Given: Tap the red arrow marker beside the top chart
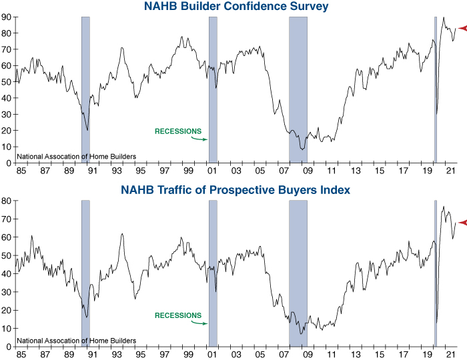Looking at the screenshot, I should [x=460, y=28].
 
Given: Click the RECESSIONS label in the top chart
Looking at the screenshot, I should [x=177, y=131].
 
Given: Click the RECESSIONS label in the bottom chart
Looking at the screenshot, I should [x=177, y=315].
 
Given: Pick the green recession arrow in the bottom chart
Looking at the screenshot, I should [x=199, y=323].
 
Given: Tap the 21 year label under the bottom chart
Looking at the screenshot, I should [x=450, y=355].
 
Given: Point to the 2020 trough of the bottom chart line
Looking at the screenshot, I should [x=436, y=323].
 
